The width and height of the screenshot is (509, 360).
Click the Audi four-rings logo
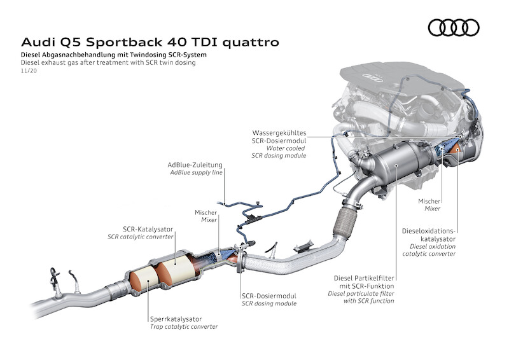[454, 27]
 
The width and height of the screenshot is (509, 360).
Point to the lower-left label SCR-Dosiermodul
[268, 296]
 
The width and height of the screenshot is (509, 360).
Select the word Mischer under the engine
[430, 200]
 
